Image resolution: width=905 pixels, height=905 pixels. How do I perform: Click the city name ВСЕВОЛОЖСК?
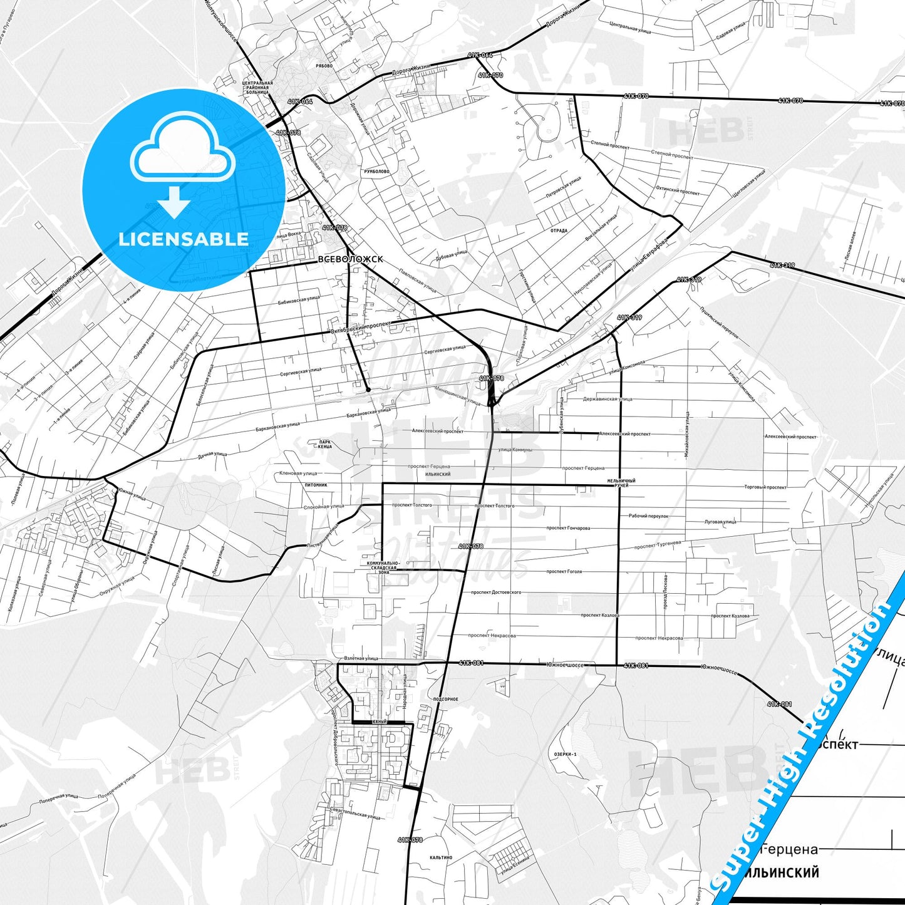[350, 259]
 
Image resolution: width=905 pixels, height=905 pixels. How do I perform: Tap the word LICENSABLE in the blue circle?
[184, 239]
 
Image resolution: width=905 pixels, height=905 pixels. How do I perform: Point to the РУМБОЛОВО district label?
[376, 171]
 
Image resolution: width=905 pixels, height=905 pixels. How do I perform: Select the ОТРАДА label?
[559, 230]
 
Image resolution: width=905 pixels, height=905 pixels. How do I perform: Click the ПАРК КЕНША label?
[324, 444]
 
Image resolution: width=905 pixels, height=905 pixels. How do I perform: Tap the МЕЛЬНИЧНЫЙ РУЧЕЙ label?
[621, 482]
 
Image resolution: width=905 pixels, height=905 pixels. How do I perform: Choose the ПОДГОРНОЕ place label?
[445, 699]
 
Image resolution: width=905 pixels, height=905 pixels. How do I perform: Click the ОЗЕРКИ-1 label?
[565, 754]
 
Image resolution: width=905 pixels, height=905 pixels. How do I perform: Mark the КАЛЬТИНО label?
[441, 857]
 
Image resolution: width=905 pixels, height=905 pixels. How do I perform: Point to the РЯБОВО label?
[324, 66]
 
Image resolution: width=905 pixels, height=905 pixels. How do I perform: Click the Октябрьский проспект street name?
[360, 327]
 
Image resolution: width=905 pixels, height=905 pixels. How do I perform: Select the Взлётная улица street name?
[361, 658]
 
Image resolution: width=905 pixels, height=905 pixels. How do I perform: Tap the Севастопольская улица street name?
[355, 812]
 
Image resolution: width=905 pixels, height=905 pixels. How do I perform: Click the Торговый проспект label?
[765, 487]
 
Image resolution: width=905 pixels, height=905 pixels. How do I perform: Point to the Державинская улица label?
[608, 399]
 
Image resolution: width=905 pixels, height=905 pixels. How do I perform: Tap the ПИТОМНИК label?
[316, 485]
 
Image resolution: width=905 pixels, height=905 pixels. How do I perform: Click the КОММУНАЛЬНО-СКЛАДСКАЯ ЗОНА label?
[383, 567]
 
